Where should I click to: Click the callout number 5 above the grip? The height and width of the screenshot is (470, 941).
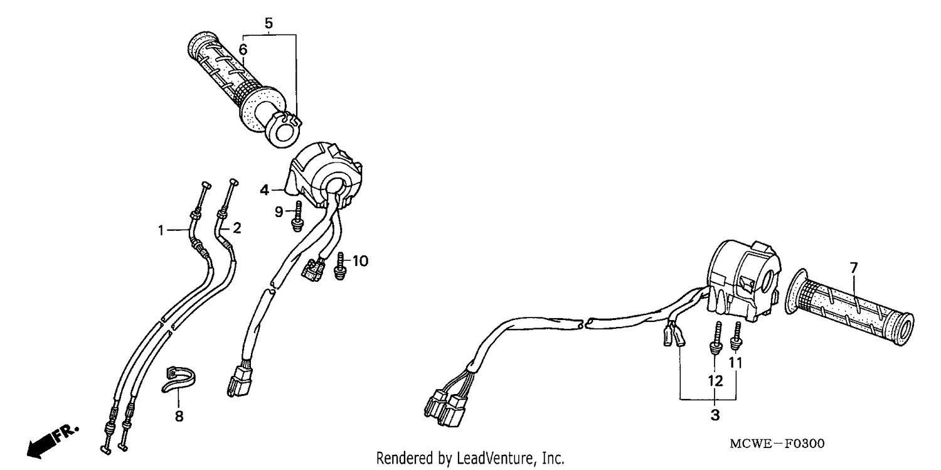268,23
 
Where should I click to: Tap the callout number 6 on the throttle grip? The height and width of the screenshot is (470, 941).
243,50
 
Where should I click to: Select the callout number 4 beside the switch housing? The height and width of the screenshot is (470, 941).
264,190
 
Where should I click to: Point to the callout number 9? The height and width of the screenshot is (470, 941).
279,211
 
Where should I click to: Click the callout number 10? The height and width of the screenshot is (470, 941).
360,261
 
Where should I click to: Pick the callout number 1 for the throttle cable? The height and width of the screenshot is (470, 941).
161,230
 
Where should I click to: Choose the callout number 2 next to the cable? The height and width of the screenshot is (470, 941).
237,228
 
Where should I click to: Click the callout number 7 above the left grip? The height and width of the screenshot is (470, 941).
854,267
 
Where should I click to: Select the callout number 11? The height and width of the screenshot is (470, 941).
735,363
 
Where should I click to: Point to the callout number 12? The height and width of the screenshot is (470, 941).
715,381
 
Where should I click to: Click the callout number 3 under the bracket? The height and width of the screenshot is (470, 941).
715,415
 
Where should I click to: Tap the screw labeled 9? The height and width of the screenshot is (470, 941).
298,216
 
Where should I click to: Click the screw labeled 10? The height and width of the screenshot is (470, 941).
340,266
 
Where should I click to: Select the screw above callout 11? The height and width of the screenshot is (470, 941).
736,336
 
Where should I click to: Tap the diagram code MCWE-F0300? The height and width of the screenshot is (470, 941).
777,444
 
